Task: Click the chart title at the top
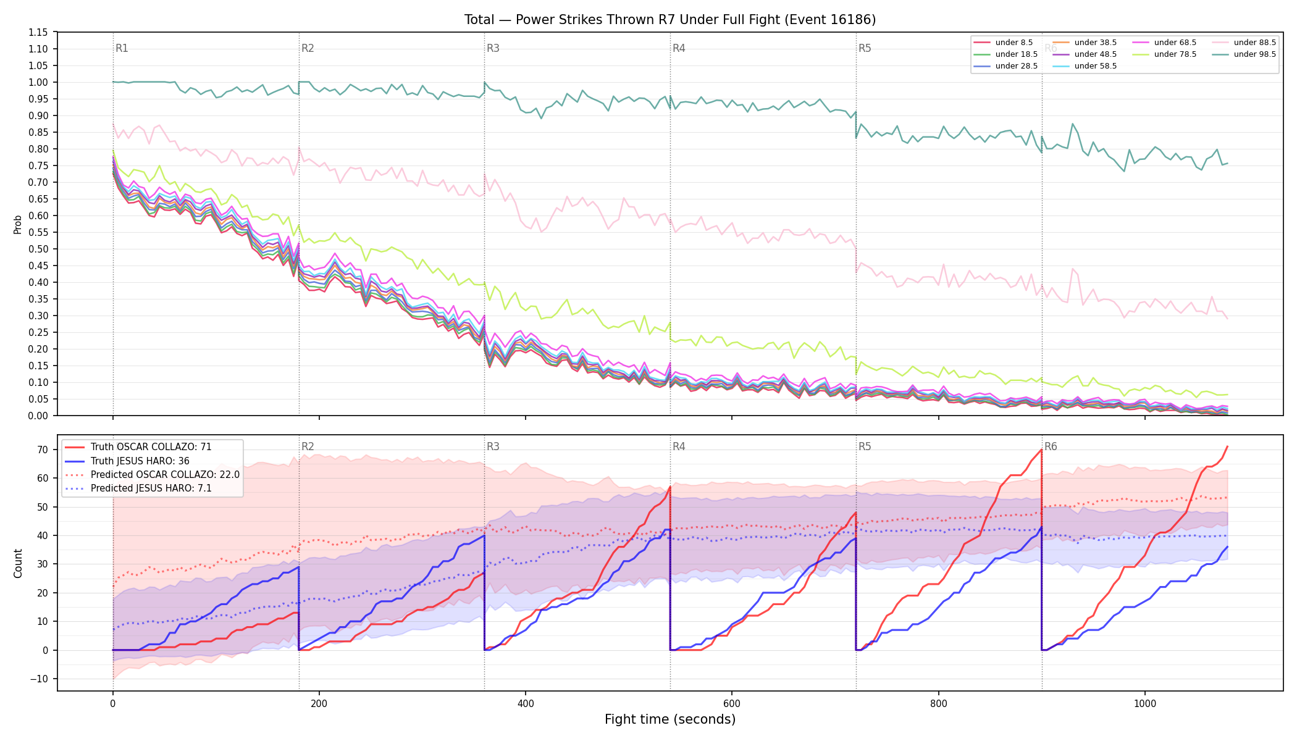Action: [670, 20]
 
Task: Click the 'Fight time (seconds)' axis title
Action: [670, 719]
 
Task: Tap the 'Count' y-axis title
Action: [18, 563]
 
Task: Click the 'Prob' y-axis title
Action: [18, 224]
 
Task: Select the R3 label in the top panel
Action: [493, 48]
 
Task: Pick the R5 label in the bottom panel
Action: [865, 446]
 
